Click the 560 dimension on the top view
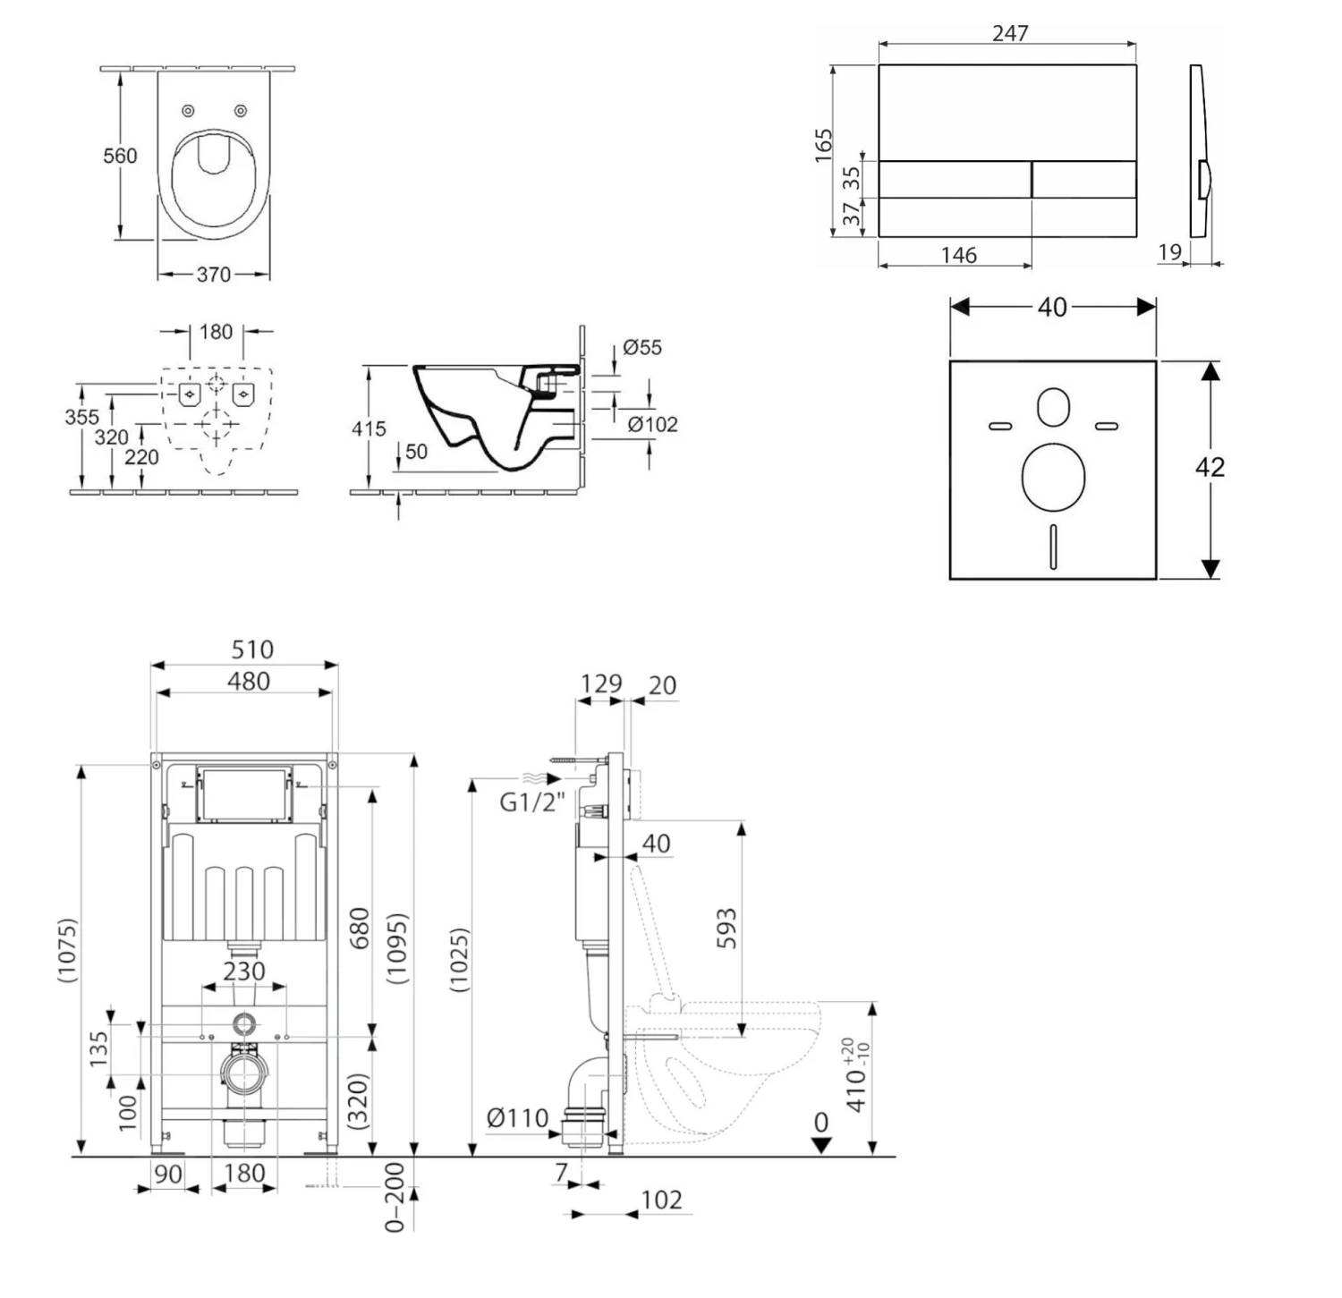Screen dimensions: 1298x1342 (x=120, y=156)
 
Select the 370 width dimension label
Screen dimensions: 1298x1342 (x=214, y=275)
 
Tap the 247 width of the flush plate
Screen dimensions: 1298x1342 (x=1010, y=33)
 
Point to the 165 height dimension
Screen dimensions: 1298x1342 (x=823, y=145)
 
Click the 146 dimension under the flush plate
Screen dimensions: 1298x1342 (x=958, y=255)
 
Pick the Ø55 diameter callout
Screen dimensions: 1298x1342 (x=642, y=347)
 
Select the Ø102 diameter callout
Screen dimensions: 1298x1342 (x=652, y=424)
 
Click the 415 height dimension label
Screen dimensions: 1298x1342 (x=368, y=428)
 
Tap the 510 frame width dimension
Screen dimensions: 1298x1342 (x=251, y=649)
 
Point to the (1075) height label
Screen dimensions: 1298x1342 (x=67, y=950)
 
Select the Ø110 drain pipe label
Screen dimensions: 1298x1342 (x=517, y=1117)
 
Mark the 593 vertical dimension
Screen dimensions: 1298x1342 (x=726, y=928)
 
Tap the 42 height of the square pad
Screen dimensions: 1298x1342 (x=1210, y=467)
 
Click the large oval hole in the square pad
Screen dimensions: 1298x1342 (x=1052, y=475)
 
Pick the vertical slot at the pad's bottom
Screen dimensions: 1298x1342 (x=1053, y=546)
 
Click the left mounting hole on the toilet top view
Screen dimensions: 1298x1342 (x=188, y=111)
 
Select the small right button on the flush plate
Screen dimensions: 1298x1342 (x=1085, y=179)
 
